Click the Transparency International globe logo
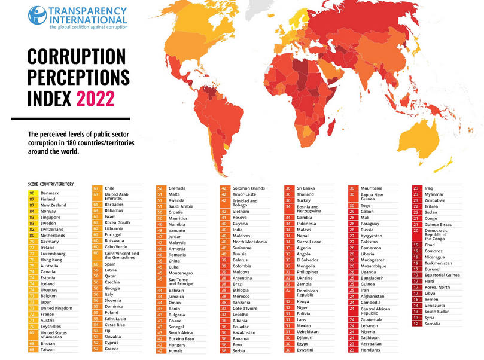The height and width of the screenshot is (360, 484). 37,16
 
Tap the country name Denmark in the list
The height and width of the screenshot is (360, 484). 50,193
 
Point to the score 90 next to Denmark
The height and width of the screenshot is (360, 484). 32,193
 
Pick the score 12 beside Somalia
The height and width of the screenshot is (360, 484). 415,324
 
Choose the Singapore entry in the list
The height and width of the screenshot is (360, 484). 51,217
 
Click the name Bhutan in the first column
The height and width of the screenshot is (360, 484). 48,343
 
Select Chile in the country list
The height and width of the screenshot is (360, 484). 111,187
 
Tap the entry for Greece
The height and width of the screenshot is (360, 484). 112,349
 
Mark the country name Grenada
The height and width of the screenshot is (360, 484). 177,187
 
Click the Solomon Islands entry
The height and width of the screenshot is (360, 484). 249,187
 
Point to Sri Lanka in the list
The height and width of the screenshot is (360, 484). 306,187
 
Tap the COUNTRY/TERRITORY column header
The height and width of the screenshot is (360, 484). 57,184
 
